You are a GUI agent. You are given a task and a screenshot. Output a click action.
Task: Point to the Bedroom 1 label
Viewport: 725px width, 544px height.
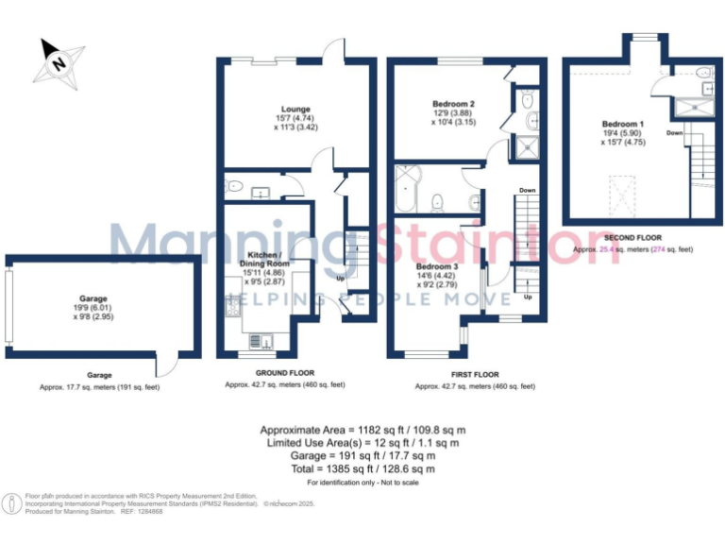point(622,124)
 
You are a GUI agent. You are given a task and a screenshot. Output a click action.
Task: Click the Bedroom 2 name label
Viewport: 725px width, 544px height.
point(452,103)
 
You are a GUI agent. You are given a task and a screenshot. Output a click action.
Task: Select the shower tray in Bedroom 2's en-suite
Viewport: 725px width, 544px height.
point(524,147)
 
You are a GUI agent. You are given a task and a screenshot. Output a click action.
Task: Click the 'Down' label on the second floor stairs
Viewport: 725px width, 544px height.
point(674,133)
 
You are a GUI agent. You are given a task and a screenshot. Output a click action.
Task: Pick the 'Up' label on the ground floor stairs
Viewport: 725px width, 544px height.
point(340,280)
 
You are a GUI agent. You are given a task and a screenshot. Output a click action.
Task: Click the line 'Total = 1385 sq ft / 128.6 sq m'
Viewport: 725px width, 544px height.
point(362,468)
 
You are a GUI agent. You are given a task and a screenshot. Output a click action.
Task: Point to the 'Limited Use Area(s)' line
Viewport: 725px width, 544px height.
point(362,442)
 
